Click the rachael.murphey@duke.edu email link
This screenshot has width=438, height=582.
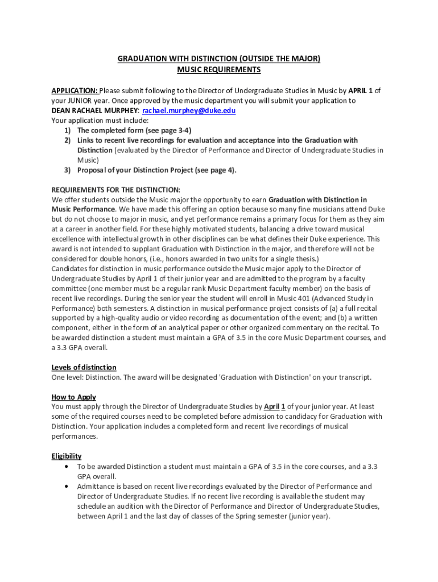click(189, 110)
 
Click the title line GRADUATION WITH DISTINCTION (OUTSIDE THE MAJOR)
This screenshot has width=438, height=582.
click(219, 59)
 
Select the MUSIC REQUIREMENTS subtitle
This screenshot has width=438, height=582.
click(219, 69)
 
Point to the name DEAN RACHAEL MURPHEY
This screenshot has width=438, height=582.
click(94, 110)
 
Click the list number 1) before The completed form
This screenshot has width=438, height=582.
click(67, 130)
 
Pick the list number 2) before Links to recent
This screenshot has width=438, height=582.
click(67, 140)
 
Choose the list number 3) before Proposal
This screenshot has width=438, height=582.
click(67, 170)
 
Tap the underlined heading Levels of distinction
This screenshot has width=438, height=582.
click(84, 367)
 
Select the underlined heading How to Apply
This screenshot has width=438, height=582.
click(74, 397)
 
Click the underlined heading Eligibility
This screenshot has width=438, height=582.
click(67, 456)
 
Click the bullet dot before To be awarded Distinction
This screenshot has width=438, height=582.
click(68, 466)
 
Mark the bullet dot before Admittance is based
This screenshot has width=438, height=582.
click(68, 486)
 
